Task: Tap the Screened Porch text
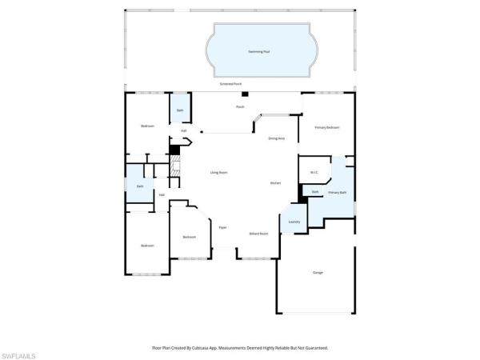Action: tap(231, 83)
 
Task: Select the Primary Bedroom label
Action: tap(326, 127)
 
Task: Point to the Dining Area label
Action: tap(277, 138)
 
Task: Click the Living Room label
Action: tap(219, 172)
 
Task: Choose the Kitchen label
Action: tap(275, 183)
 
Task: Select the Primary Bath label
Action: tap(337, 193)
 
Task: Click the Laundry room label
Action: tap(294, 222)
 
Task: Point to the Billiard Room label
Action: tap(258, 234)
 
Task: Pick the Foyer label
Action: tap(223, 227)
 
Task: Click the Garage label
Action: tap(318, 273)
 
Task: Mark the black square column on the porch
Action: tap(246, 96)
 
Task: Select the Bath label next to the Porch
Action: tap(180, 110)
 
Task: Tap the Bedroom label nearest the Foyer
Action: tap(189, 237)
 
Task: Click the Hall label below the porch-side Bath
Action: tap(183, 130)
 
